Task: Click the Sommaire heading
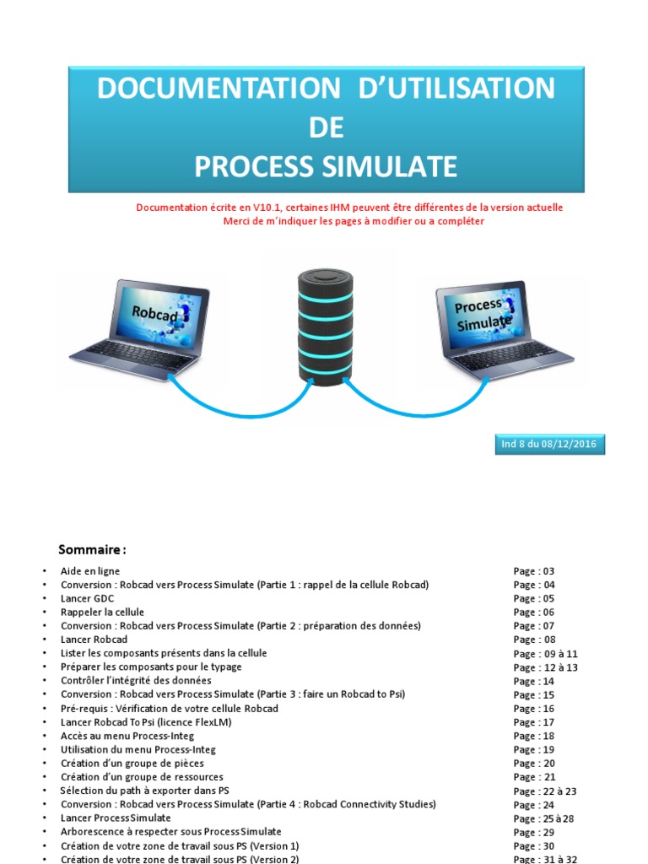pyautogui.click(x=92, y=550)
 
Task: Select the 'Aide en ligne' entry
pyautogui.click(x=90, y=571)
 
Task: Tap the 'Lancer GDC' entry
pyautogui.click(x=88, y=598)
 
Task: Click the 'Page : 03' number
pyautogui.click(x=534, y=571)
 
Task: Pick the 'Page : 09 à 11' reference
pyautogui.click(x=545, y=654)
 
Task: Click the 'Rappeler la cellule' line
pyautogui.click(x=102, y=612)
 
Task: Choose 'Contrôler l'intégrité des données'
pyautogui.click(x=136, y=680)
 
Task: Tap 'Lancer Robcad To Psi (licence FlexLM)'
pyautogui.click(x=146, y=722)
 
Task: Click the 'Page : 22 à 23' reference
pyautogui.click(x=545, y=791)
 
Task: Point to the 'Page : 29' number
pyautogui.click(x=534, y=833)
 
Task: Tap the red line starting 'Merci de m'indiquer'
pyautogui.click(x=354, y=221)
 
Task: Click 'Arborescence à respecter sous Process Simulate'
pyautogui.click(x=171, y=832)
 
